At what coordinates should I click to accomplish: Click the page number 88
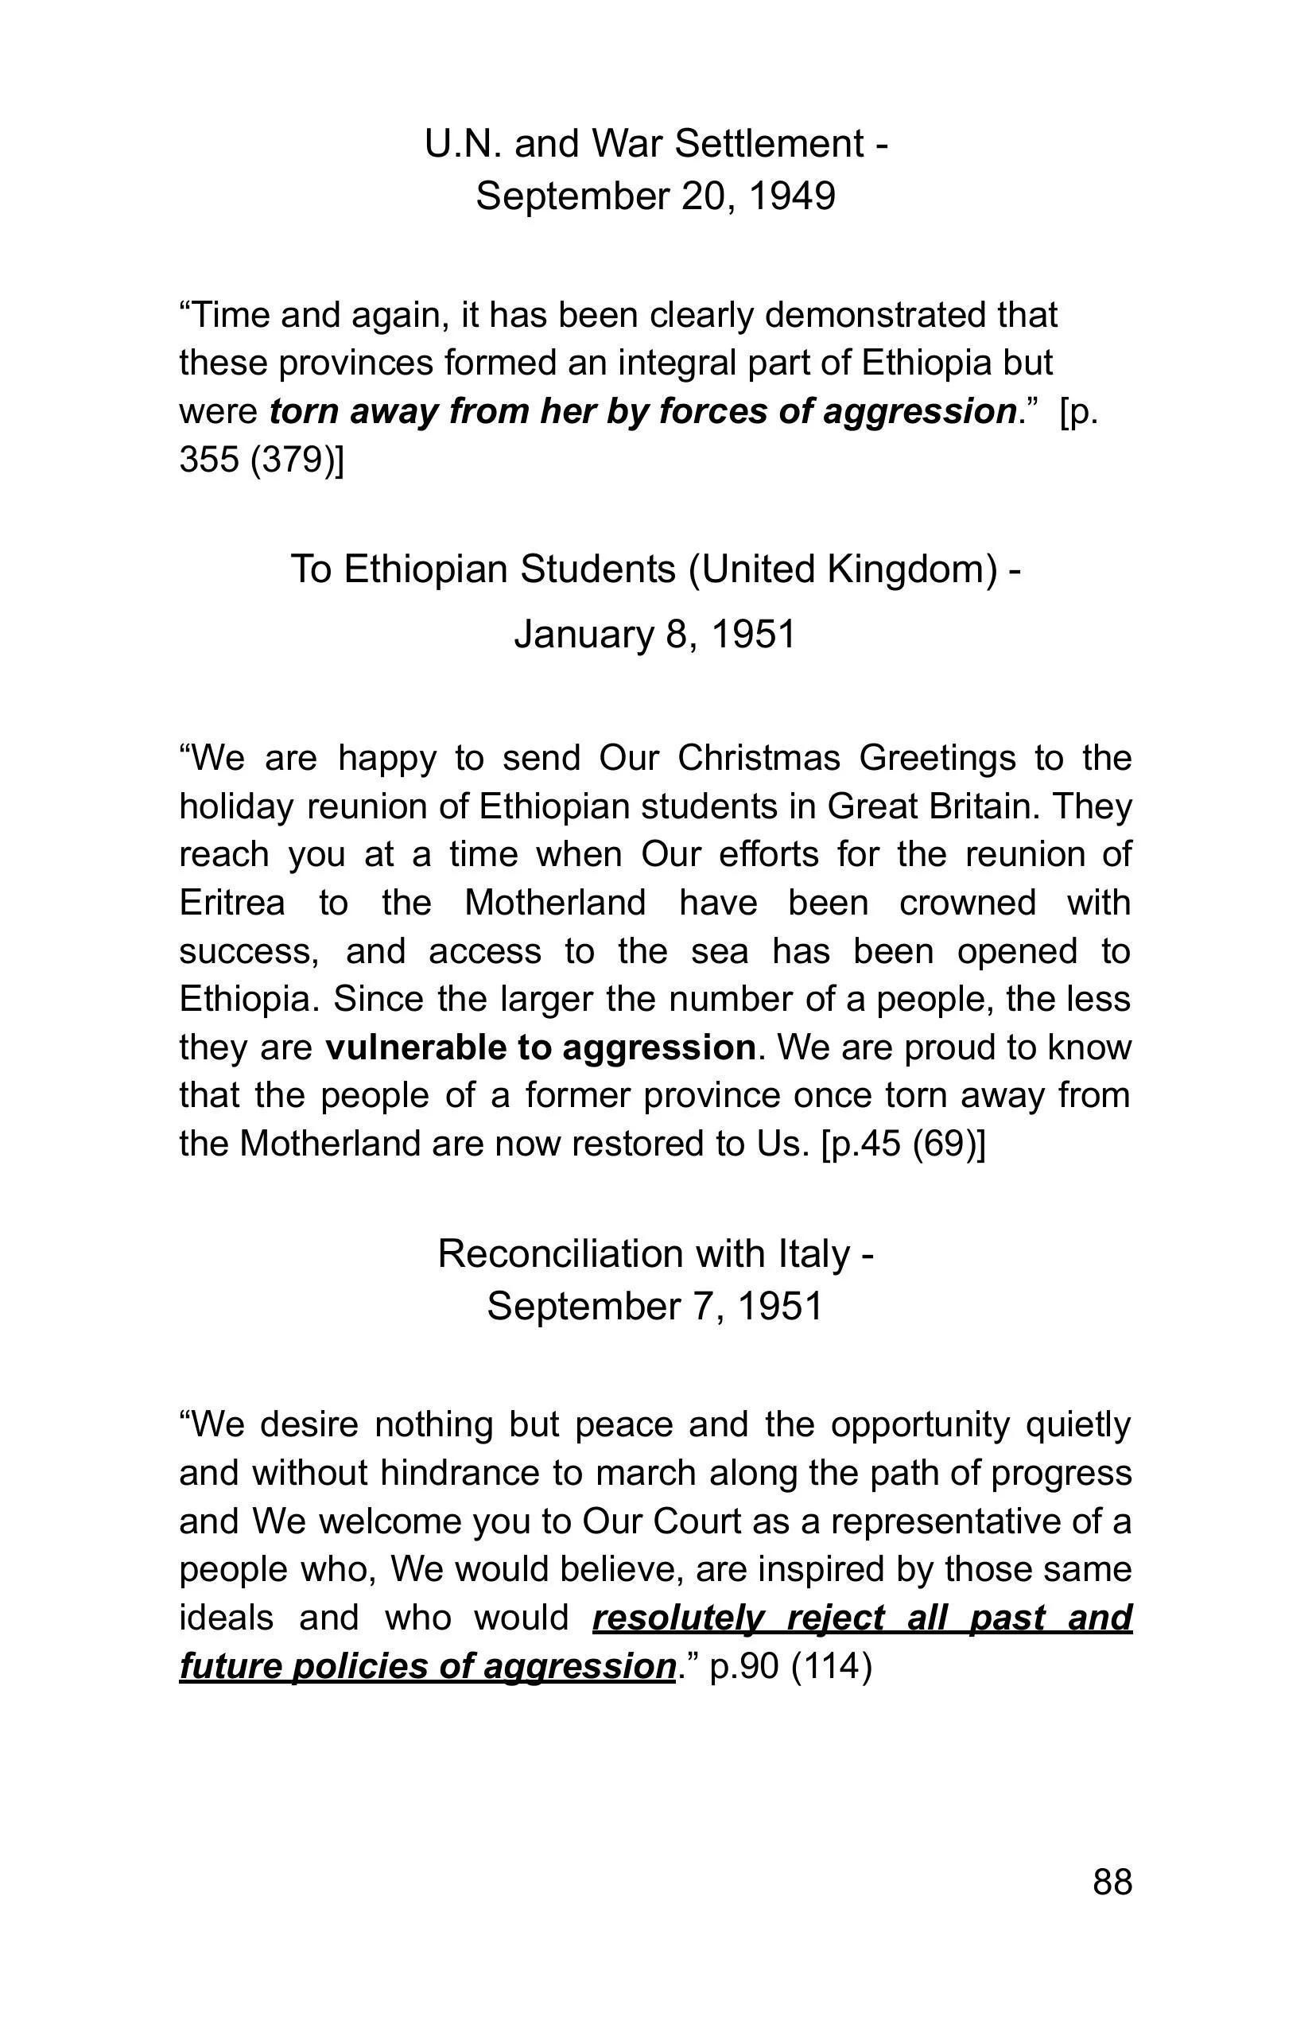[1112, 1882]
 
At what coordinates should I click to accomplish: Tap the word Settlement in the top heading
[770, 143]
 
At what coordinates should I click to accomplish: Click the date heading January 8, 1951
[654, 634]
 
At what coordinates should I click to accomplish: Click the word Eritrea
[231, 903]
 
